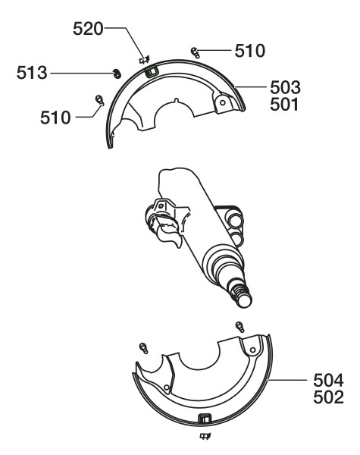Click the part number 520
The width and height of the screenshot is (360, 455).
click(x=88, y=29)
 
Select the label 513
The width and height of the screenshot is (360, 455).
click(x=32, y=73)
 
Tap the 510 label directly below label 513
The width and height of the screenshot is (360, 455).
click(x=55, y=118)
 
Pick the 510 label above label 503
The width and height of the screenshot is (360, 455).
click(x=250, y=51)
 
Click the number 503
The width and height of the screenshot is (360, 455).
click(x=285, y=88)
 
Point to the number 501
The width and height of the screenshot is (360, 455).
click(x=284, y=105)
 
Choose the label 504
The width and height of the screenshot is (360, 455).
click(x=328, y=380)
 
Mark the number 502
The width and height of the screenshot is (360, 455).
click(x=328, y=397)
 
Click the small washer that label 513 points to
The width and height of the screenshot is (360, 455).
click(x=117, y=74)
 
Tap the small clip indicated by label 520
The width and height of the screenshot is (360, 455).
click(x=145, y=60)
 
